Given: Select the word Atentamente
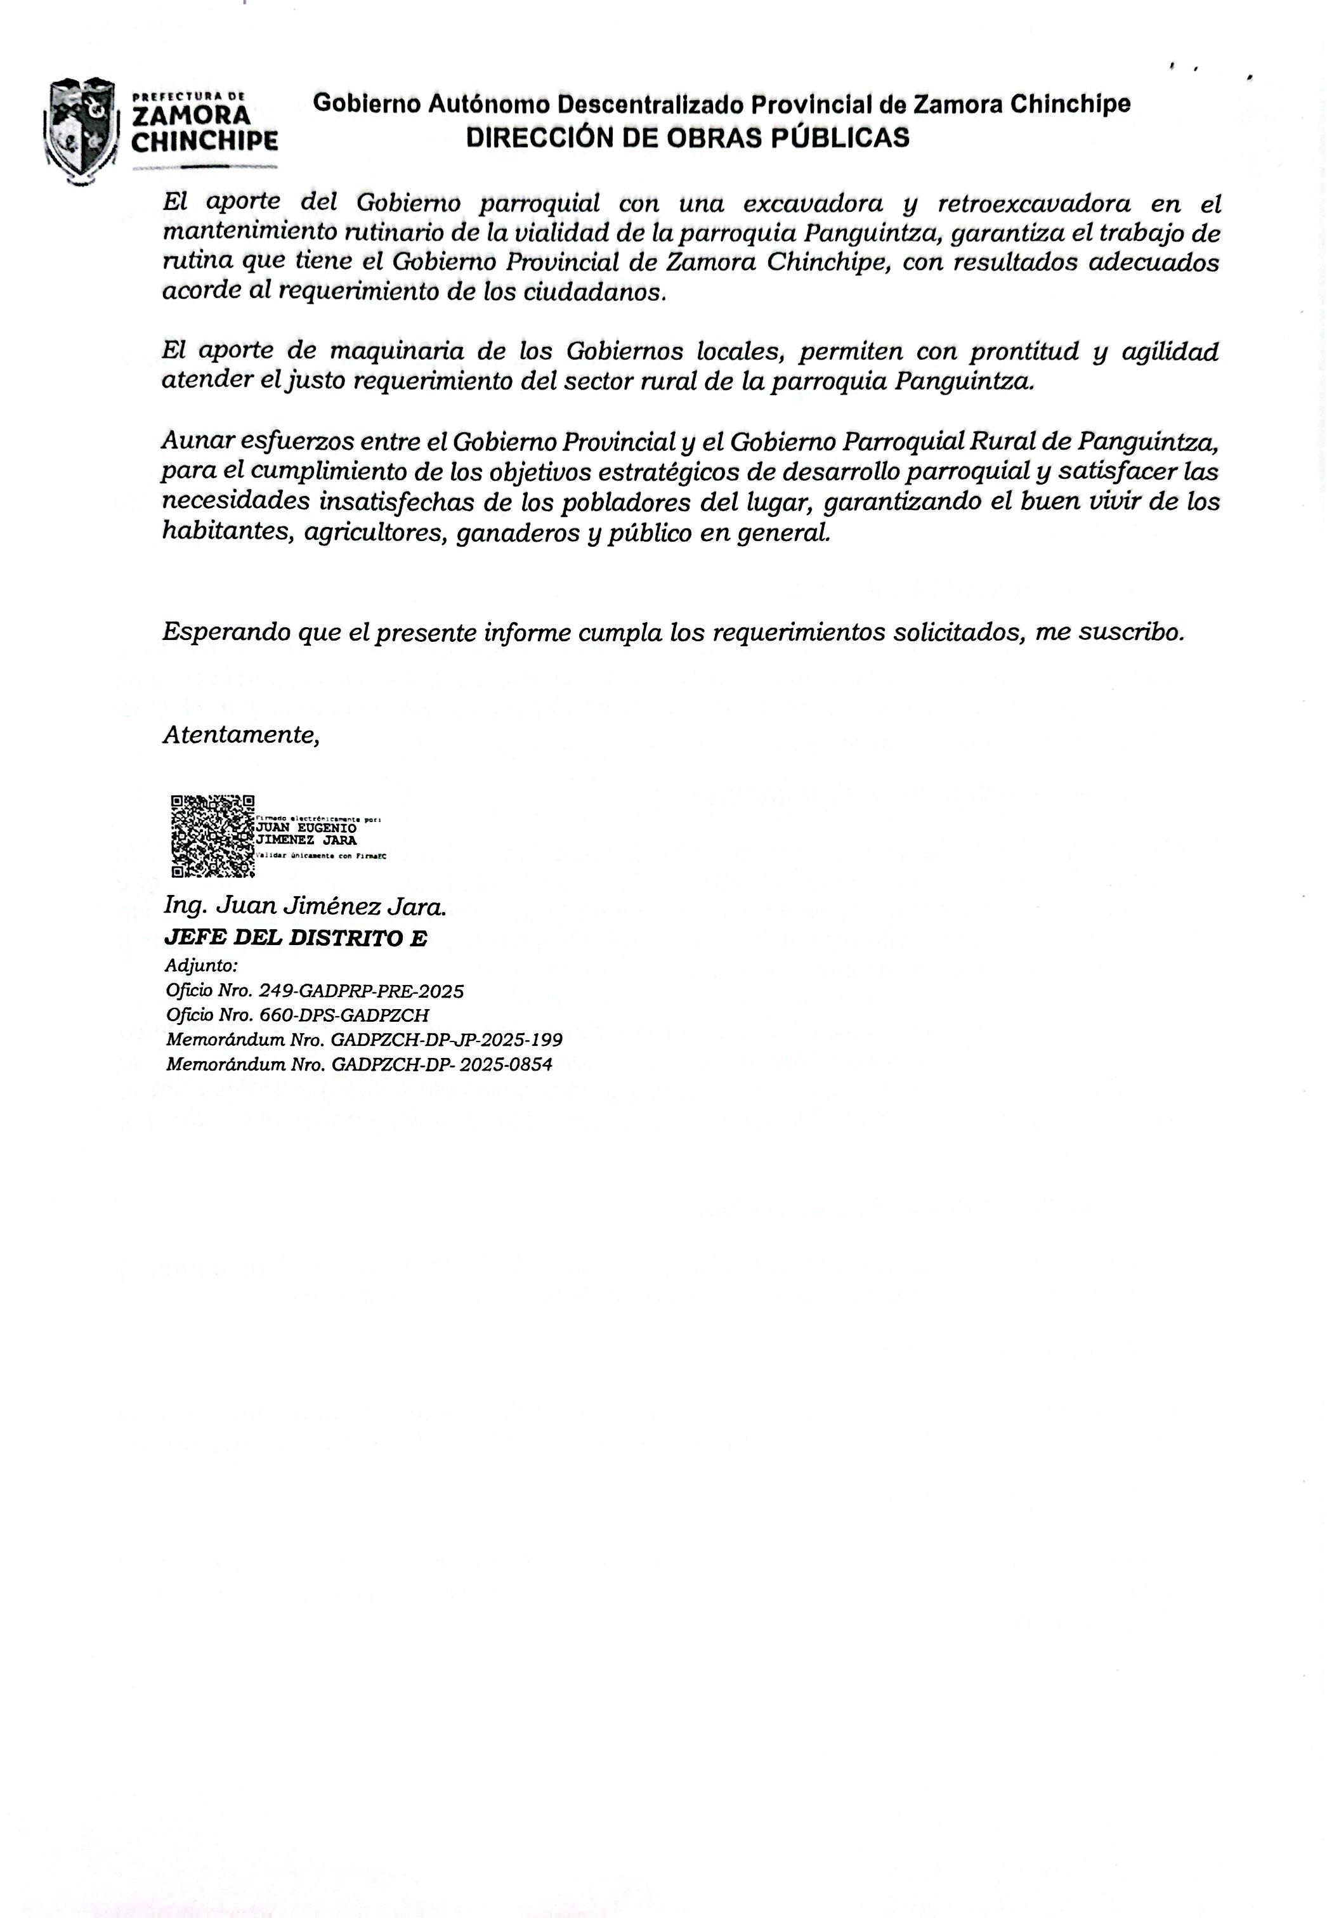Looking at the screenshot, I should [x=240, y=735].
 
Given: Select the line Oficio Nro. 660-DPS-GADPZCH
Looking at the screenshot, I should [x=297, y=1015].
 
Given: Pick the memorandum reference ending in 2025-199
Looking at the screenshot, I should [x=363, y=1040].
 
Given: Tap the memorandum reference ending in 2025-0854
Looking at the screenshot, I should [x=358, y=1064].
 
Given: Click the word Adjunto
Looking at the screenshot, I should [x=201, y=966].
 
